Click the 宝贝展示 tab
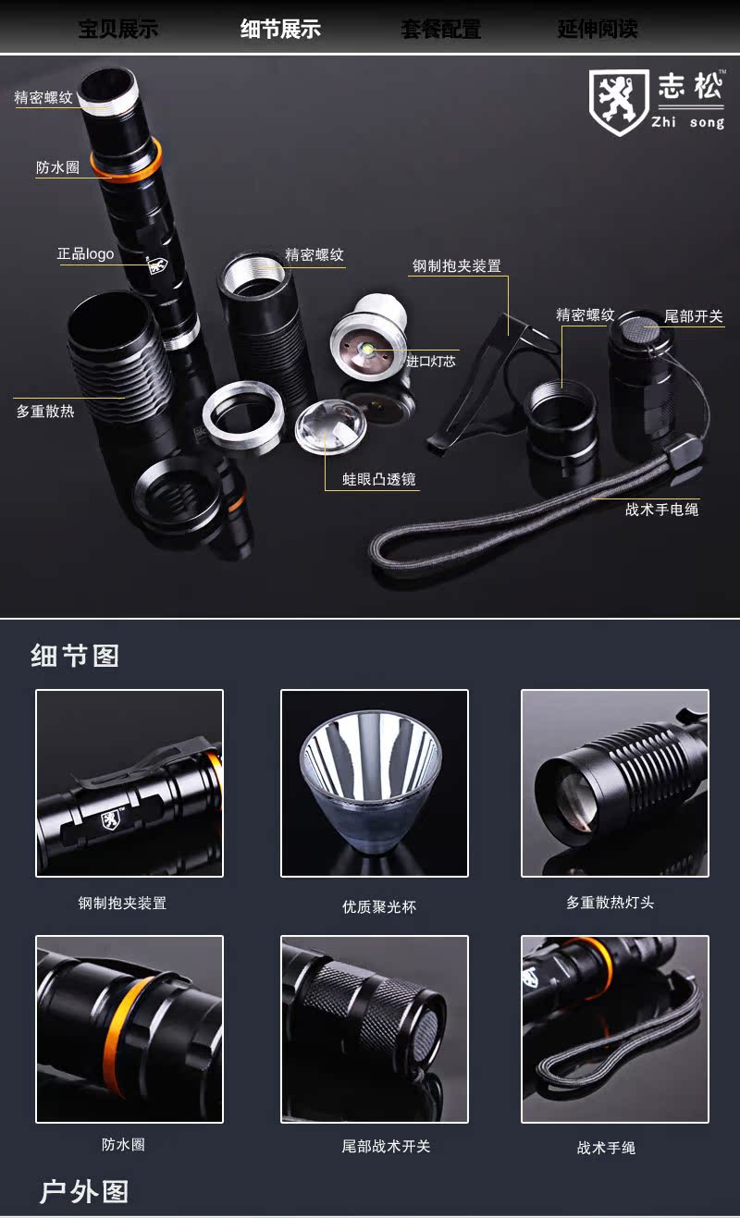[118, 30]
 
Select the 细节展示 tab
[280, 30]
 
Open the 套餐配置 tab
[440, 30]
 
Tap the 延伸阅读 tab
[598, 30]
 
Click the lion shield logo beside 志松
[619, 102]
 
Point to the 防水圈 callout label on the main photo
[57, 167]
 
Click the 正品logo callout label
[86, 253]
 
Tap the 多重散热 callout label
[45, 411]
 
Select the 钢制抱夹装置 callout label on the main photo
[456, 266]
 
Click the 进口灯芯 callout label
[430, 361]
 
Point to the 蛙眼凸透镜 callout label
[378, 479]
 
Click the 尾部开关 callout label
[693, 316]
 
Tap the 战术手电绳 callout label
[662, 509]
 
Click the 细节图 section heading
[75, 657]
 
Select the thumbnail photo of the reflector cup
[375, 783]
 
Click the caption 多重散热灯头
[610, 903]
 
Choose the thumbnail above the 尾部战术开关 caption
[375, 1029]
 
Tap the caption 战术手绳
[606, 1148]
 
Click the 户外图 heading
[83, 1192]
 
